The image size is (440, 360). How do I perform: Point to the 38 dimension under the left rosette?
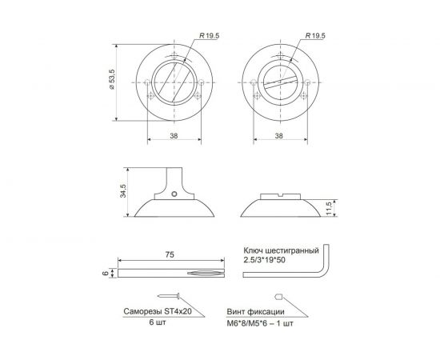click(x=174, y=136)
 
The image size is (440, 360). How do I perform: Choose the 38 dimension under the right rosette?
click(x=278, y=136)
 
